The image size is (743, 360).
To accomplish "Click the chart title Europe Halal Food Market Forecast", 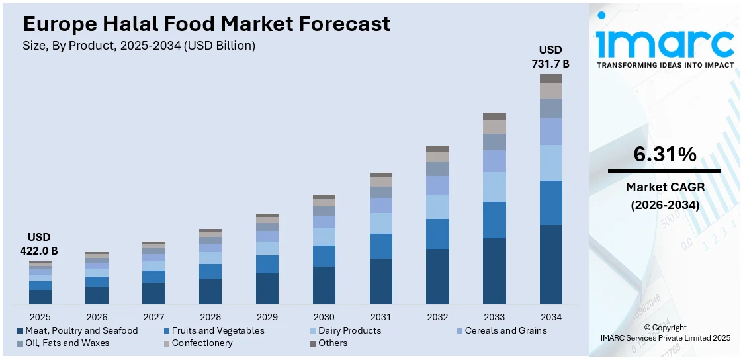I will (206, 24).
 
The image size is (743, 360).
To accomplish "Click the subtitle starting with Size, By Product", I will (139, 46).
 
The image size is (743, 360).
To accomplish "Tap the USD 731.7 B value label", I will (550, 57).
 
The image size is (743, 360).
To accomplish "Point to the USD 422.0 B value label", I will (39, 244).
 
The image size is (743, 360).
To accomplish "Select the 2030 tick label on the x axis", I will (324, 317).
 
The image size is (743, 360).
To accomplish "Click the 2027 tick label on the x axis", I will (153, 317).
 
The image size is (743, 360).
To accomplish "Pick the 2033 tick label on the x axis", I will (494, 317).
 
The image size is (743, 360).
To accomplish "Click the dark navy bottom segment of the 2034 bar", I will (550, 265).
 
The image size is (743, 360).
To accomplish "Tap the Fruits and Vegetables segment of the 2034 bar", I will (550, 202).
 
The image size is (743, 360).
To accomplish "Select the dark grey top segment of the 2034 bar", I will (550, 78).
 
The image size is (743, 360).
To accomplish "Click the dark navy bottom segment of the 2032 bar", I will (437, 277).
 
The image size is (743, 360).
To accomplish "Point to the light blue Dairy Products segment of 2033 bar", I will (494, 187).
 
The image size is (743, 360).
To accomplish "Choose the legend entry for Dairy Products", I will (349, 330).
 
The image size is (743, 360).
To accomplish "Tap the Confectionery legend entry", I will (202, 343).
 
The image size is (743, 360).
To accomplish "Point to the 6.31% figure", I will (664, 154).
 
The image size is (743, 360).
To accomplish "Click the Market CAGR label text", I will (664, 187).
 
